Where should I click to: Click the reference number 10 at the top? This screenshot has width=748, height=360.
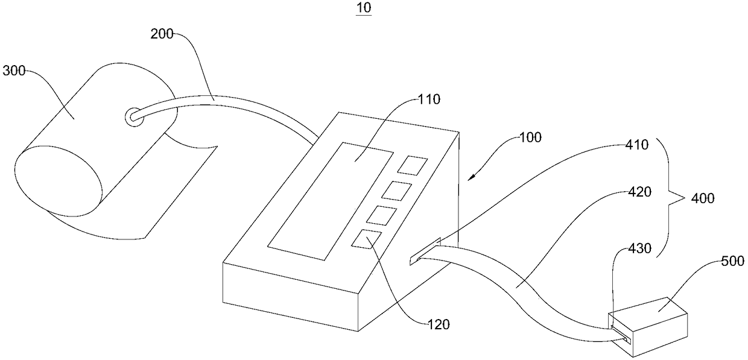[364, 8]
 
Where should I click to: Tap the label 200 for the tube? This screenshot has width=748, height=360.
[162, 35]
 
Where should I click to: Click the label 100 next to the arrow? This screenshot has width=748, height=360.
[529, 137]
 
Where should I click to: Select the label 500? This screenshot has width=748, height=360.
[732, 261]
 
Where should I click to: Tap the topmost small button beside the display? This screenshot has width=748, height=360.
[415, 165]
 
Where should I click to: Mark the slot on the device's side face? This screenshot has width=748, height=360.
[425, 251]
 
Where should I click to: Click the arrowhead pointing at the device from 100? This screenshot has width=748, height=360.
[472, 176]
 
